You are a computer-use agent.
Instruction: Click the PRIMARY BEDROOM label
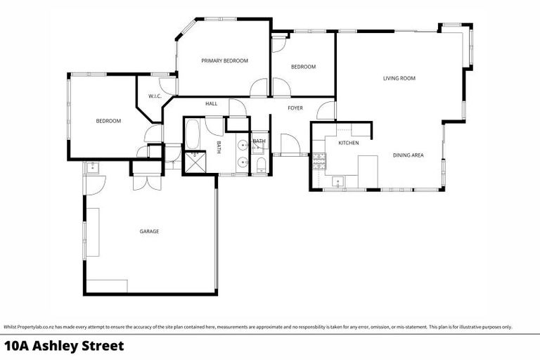pyautogui.click(x=224, y=61)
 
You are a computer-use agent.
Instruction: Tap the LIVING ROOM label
pyautogui.click(x=399, y=79)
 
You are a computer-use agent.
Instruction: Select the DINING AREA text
pyautogui.click(x=408, y=155)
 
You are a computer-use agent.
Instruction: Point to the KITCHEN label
pyautogui.click(x=349, y=143)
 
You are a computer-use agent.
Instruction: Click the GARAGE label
pyautogui.click(x=149, y=231)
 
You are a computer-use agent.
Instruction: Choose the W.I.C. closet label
pyautogui.click(x=155, y=96)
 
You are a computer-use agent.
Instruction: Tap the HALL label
pyautogui.click(x=211, y=104)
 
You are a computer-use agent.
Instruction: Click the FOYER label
pyautogui.click(x=295, y=108)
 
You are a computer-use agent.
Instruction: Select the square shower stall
pyautogui.click(x=192, y=162)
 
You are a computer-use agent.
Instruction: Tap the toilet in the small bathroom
pyautogui.click(x=260, y=165)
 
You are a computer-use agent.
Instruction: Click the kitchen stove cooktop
pyautogui.click(x=319, y=160)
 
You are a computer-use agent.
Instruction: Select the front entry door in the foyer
pyautogui.click(x=289, y=145)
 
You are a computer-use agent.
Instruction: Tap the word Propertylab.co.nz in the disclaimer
pyautogui.click(x=35, y=326)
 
